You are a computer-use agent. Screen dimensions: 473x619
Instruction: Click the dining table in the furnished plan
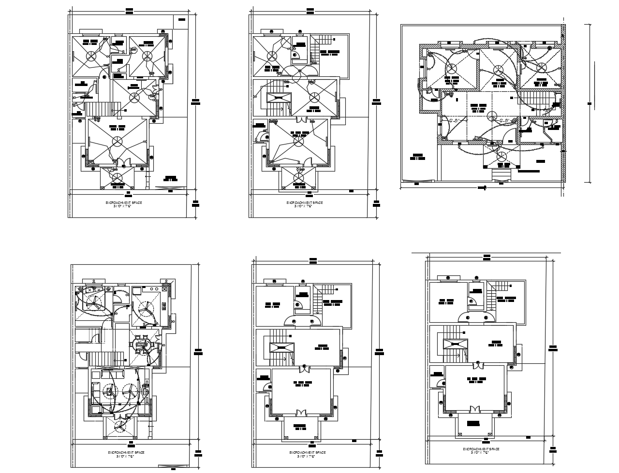click(x=143, y=345)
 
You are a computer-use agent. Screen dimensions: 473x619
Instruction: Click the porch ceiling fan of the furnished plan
click(x=119, y=426)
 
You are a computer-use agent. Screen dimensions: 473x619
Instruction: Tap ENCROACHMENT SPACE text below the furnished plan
click(x=126, y=453)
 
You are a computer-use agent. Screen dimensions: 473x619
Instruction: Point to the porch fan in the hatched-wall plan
click(x=501, y=156)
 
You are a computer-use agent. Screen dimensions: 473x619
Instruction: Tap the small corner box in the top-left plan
click(x=181, y=20)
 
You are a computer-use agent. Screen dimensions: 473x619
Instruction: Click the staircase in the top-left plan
click(x=102, y=109)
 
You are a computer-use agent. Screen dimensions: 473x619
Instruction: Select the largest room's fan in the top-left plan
click(x=117, y=141)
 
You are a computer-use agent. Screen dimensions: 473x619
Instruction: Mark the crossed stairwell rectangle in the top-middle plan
click(x=277, y=98)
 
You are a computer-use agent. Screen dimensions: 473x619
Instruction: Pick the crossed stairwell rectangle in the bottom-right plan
click(x=455, y=344)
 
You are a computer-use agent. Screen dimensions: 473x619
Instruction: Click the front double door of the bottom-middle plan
click(x=301, y=413)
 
